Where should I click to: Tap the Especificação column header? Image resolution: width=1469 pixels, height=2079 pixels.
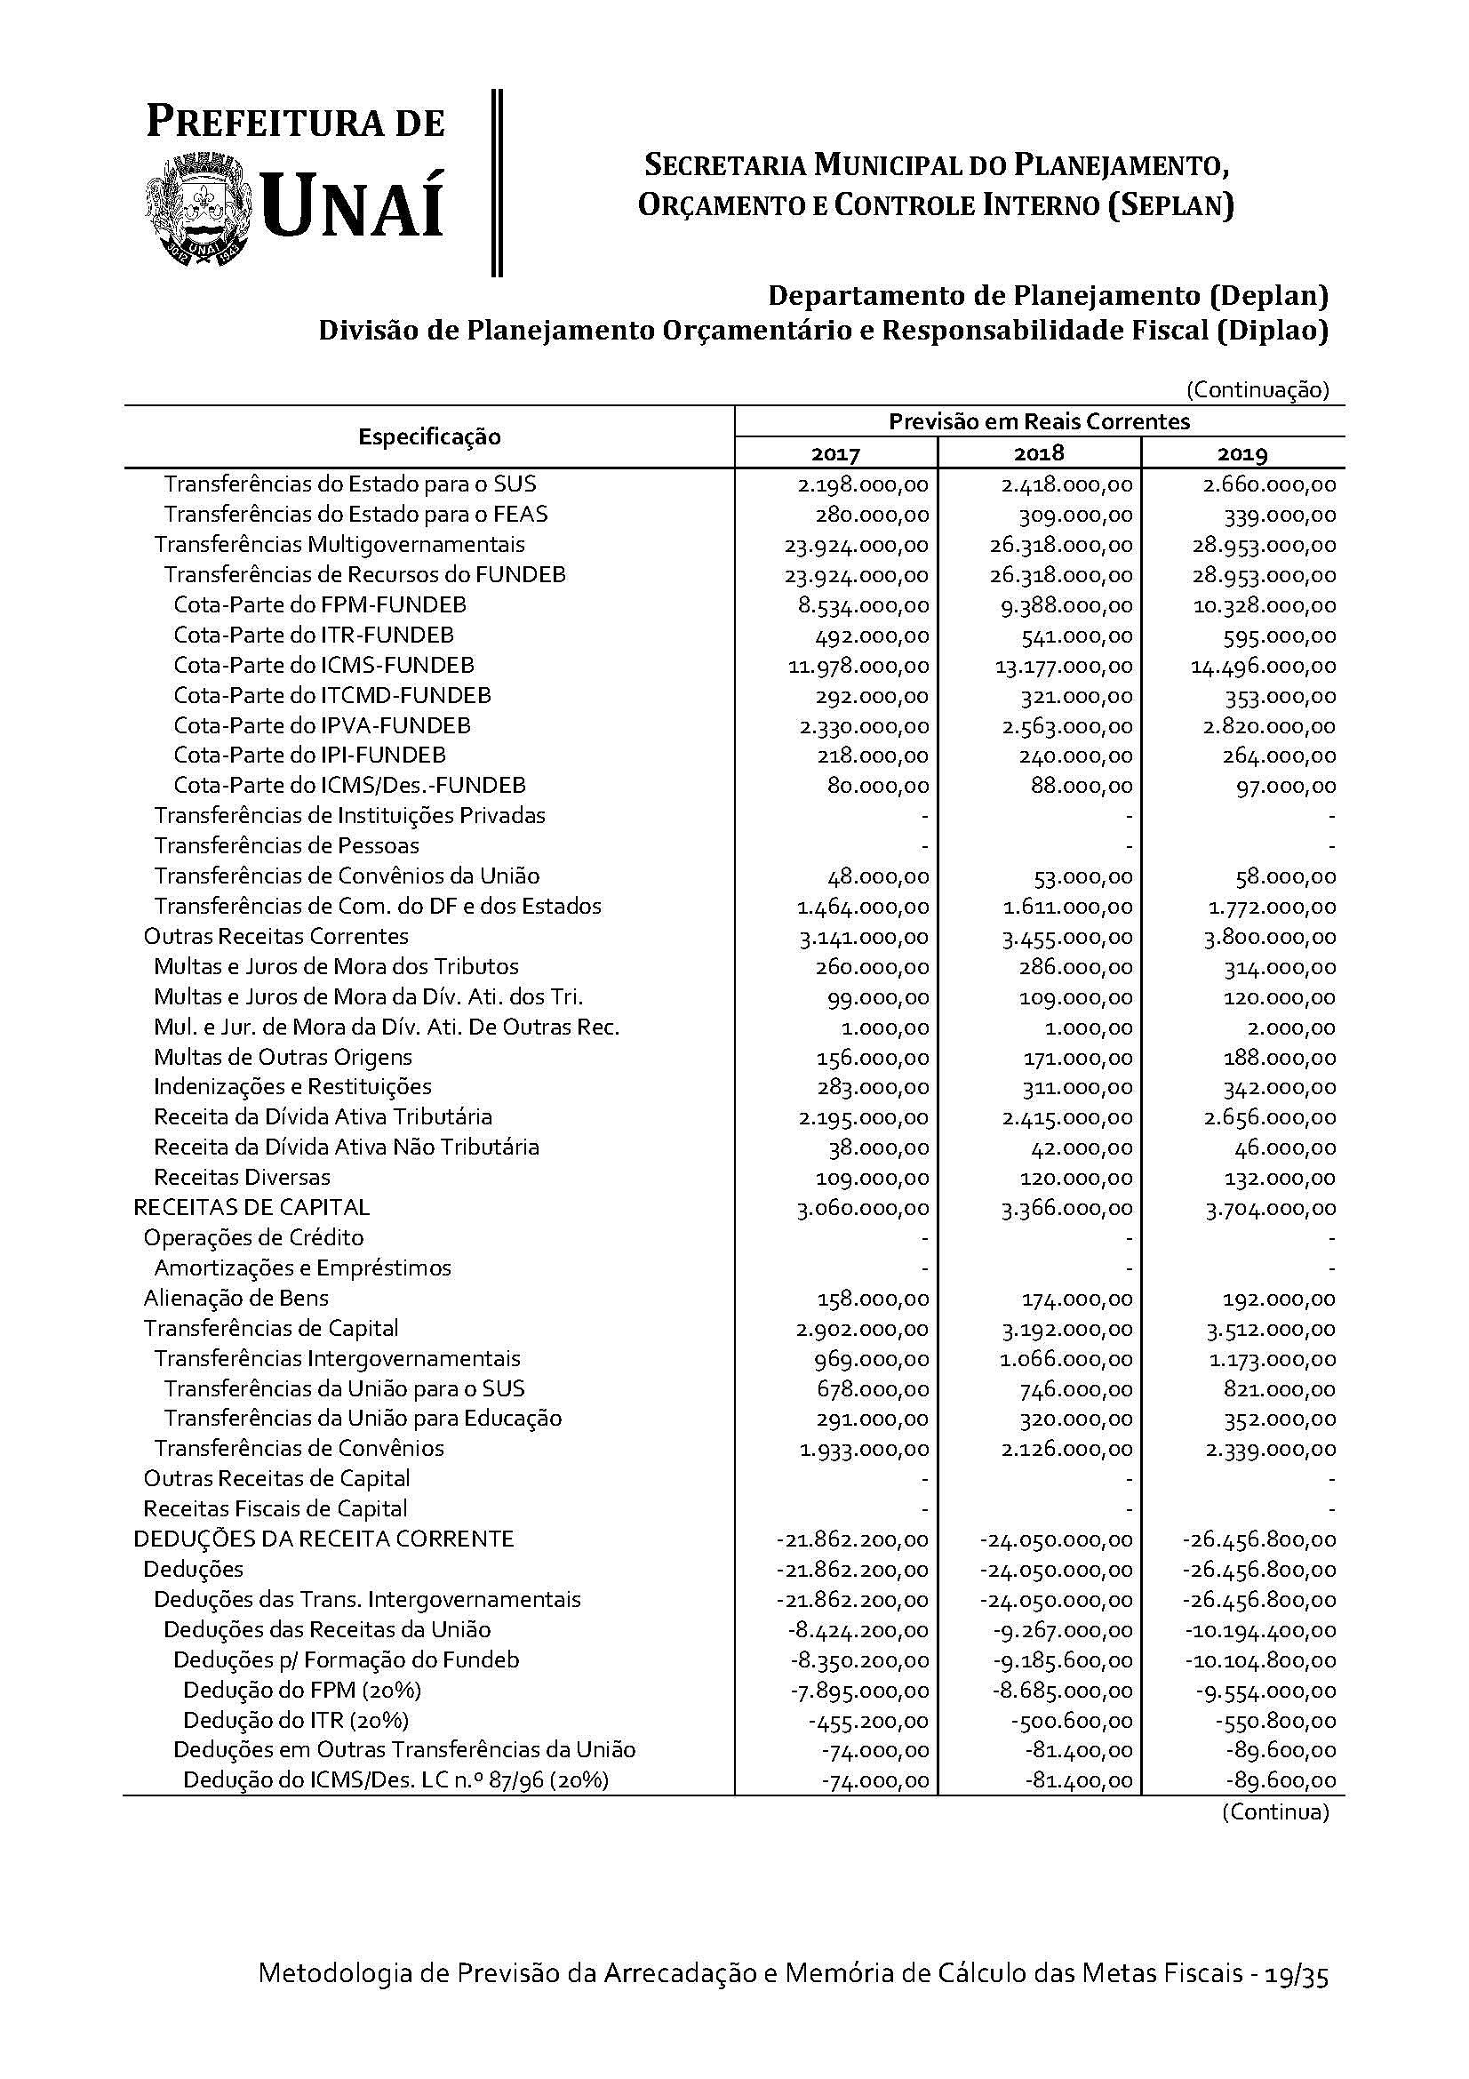click(x=429, y=436)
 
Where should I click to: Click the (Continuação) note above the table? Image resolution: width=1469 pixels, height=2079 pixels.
click(x=1257, y=390)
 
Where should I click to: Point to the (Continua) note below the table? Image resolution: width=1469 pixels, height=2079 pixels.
click(x=1274, y=1811)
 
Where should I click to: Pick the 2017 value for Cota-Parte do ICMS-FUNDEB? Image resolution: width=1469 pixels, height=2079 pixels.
click(x=858, y=667)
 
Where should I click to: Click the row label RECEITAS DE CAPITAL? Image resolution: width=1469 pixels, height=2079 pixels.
click(x=251, y=1207)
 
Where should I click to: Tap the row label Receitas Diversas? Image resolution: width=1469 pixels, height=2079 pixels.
click(x=242, y=1177)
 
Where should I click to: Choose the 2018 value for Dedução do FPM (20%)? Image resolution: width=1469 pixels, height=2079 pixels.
click(x=1057, y=1691)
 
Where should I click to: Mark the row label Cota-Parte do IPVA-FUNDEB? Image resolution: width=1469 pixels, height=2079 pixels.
click(x=323, y=725)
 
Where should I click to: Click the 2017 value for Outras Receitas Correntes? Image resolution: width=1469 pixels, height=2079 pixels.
click(x=864, y=937)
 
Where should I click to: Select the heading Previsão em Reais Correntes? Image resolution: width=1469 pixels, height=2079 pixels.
click(x=1039, y=421)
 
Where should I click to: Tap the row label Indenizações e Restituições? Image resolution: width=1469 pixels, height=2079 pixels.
click(x=292, y=1086)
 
